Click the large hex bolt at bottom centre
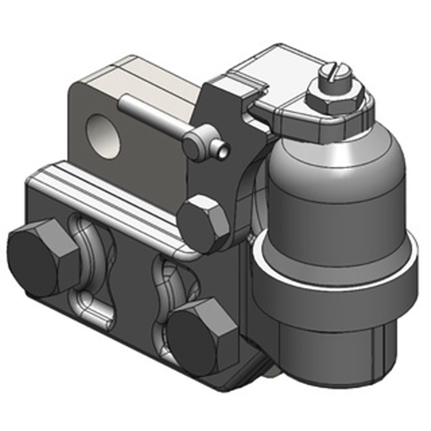point(202,337)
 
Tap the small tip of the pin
point(223,151)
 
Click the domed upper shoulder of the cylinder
point(334,162)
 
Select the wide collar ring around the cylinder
point(334,286)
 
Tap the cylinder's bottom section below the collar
point(334,350)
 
